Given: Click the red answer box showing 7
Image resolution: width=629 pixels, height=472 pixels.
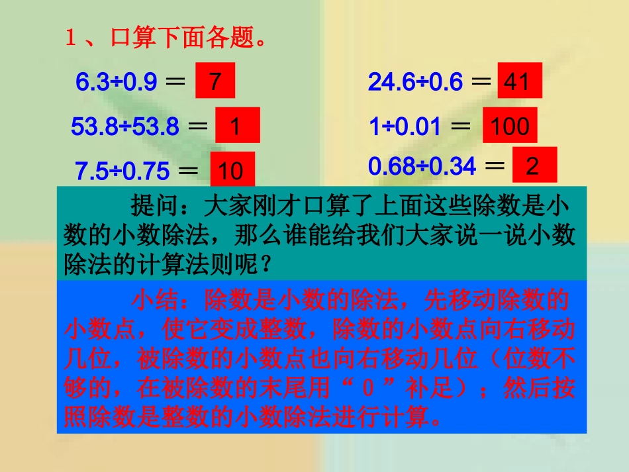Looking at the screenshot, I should (215, 82).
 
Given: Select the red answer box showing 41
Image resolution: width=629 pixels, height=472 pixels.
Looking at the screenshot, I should (519, 81).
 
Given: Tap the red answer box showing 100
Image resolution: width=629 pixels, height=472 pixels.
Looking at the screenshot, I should (509, 126).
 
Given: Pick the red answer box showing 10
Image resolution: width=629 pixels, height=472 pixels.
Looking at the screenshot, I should (232, 171).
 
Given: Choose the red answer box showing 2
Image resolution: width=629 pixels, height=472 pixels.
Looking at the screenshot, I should (534, 165).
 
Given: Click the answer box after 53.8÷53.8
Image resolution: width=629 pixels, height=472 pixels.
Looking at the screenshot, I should (237, 126).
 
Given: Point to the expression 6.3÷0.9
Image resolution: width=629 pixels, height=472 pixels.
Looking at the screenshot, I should (116, 82).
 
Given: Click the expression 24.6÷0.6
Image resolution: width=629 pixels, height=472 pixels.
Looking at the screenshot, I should (415, 82).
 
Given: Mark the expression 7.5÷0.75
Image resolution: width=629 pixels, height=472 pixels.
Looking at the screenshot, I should (122, 171).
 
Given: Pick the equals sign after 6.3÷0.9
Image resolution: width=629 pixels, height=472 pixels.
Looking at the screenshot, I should (175, 82).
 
